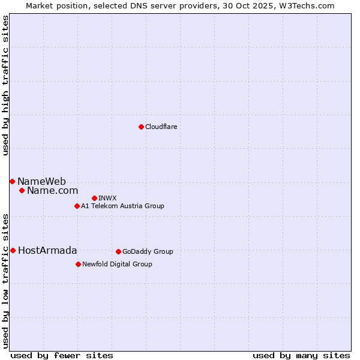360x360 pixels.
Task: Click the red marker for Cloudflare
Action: tap(141, 127)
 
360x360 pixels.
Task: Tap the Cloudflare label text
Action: tap(161, 127)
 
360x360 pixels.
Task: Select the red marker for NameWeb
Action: tap(12, 181)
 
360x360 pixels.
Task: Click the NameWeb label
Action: tap(41, 181)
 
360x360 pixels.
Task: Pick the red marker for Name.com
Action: tap(22, 191)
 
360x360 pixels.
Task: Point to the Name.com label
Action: tap(52, 191)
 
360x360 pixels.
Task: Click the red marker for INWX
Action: tap(94, 198)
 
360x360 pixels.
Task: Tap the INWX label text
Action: tap(107, 198)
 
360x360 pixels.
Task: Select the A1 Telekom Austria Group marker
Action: tap(77, 206)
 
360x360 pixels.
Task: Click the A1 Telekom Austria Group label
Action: tap(122, 206)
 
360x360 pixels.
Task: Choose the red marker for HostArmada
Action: tap(13, 250)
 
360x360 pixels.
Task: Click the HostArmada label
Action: tap(47, 250)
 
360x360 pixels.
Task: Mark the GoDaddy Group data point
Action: tap(118, 251)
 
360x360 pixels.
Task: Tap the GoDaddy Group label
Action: tap(148, 251)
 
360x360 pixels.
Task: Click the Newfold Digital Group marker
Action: tap(78, 264)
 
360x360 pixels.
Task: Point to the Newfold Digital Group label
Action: tap(117, 264)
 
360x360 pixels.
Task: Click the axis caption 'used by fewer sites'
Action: tap(62, 355)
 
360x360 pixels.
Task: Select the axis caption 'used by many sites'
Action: tap(301, 355)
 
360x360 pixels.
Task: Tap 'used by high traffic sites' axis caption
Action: tap(5, 86)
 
